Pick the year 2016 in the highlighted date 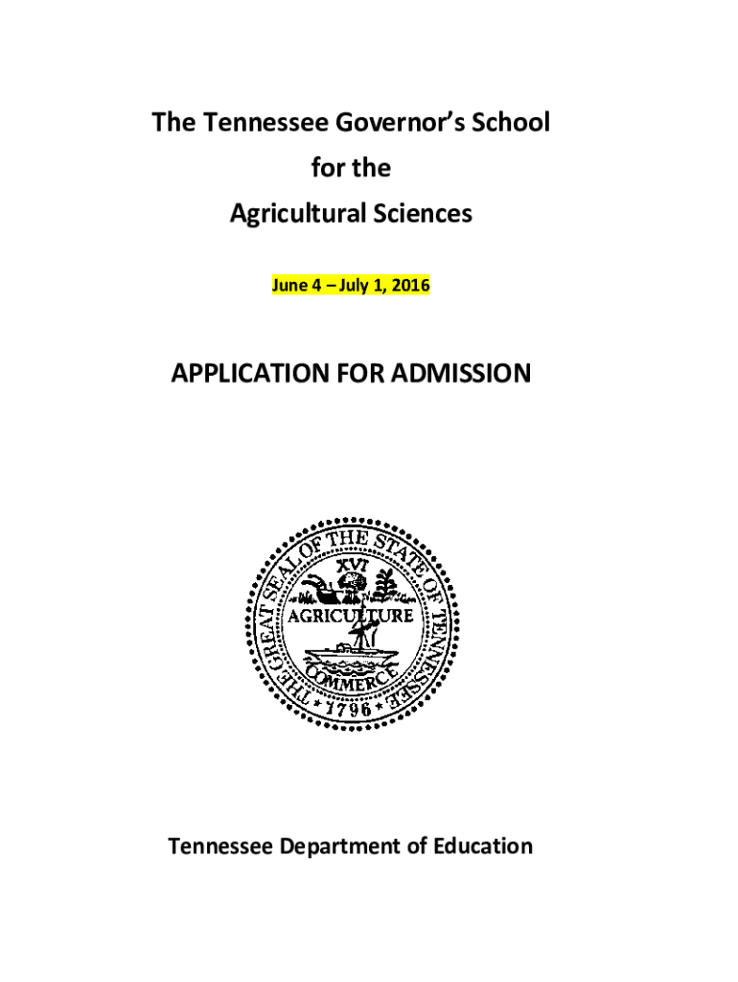tap(411, 285)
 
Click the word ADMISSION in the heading tap(458, 373)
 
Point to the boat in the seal tap(350, 654)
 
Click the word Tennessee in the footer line tap(214, 847)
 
